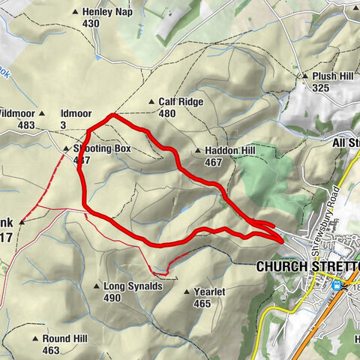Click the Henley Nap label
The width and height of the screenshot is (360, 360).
pyautogui.click(x=101, y=12)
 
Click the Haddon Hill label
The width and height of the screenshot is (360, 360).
pyautogui.click(x=226, y=151)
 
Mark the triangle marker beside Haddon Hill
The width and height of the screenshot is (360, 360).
pyautogui.click(x=197, y=151)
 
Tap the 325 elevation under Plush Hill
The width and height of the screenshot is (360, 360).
pyautogui.click(x=321, y=88)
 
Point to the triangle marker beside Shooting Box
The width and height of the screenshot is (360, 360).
pyautogui.click(x=65, y=149)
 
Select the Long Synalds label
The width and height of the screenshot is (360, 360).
pyautogui.click(x=133, y=286)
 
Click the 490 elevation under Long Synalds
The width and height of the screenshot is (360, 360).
pyautogui.click(x=112, y=298)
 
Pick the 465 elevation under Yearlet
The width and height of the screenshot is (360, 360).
pyautogui.click(x=202, y=304)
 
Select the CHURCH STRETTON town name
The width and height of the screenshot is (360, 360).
pyautogui.click(x=308, y=266)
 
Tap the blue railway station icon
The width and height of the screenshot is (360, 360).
pyautogui.click(x=337, y=285)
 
